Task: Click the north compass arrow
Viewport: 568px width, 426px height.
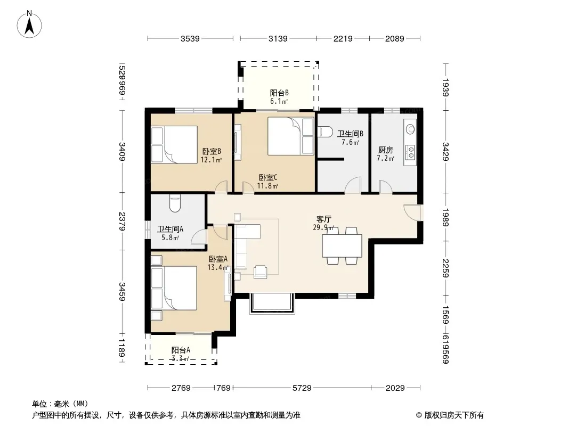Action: pyautogui.click(x=29, y=26)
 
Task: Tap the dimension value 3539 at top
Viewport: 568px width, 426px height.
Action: pyautogui.click(x=190, y=39)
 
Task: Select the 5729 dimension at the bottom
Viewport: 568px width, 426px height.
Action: pyautogui.click(x=302, y=388)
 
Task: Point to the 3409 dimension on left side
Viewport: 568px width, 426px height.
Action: pyautogui.click(x=123, y=152)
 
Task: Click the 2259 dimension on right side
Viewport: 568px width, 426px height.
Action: pyautogui.click(x=445, y=268)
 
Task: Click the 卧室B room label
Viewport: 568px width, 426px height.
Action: pyautogui.click(x=212, y=151)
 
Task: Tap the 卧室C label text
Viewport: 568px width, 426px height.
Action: pyautogui.click(x=268, y=178)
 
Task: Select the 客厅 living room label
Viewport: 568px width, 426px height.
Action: pyautogui.click(x=323, y=219)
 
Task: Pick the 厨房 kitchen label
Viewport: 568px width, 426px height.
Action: pyautogui.click(x=385, y=150)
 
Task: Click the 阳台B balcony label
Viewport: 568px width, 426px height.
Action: pyautogui.click(x=279, y=93)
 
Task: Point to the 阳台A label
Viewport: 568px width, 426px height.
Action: pyautogui.click(x=181, y=350)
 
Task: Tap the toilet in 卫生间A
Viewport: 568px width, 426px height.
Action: pyautogui.click(x=175, y=203)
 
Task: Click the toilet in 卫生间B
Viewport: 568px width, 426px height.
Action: pyautogui.click(x=324, y=132)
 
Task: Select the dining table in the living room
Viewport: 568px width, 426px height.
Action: pyautogui.click(x=342, y=246)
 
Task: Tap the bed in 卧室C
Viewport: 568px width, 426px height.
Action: pyautogui.click(x=290, y=136)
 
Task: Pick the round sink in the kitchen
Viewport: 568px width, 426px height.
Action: pyautogui.click(x=410, y=129)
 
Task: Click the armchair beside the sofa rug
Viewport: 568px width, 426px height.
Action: pyautogui.click(x=261, y=272)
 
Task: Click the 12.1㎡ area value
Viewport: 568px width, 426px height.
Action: pyautogui.click(x=211, y=160)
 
